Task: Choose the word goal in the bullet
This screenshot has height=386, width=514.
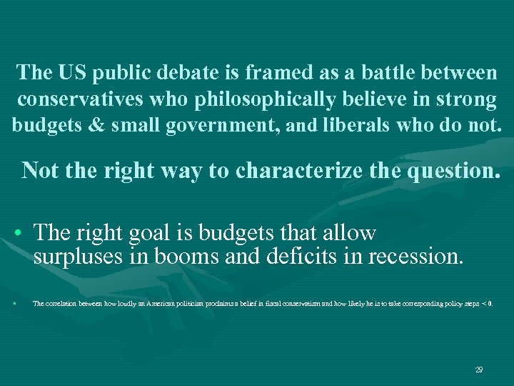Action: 156,233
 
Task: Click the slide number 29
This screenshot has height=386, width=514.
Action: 479,370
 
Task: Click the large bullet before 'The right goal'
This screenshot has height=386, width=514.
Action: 15,234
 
